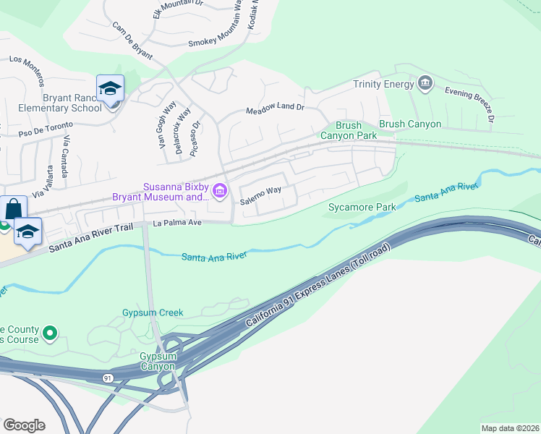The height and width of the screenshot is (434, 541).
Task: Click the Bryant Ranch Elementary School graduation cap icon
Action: pos(110,89)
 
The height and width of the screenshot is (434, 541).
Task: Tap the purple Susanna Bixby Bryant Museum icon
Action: pos(221,191)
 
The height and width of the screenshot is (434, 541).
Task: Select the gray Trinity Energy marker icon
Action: pos(425,84)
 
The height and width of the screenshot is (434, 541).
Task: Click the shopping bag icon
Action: pos(13,209)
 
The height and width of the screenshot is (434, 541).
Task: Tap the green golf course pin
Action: pos(49,333)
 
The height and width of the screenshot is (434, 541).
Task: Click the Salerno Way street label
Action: pos(260,191)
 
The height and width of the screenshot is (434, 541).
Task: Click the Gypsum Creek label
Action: pos(153,312)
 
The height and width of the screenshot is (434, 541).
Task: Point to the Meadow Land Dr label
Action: pos(275,107)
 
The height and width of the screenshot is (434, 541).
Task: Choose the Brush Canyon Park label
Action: pos(349,130)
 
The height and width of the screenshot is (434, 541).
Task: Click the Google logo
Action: pos(24,425)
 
